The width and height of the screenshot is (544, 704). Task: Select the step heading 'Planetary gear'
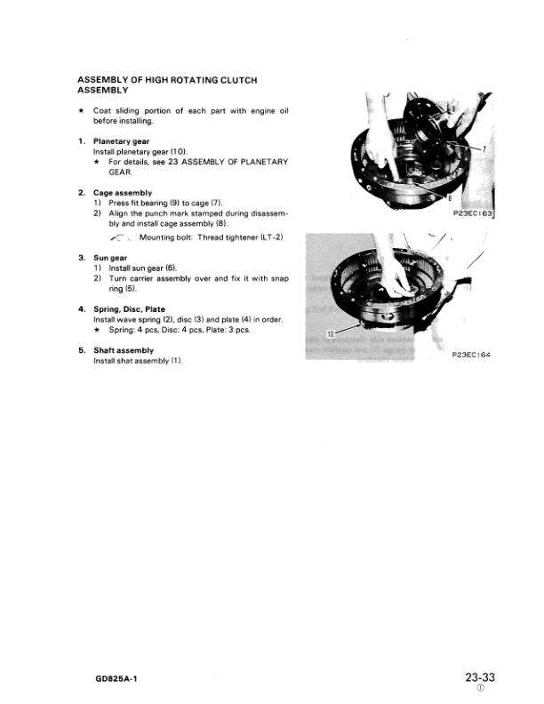123,141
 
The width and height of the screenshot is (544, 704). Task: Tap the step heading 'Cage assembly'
123,193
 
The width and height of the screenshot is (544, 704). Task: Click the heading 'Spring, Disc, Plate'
129,309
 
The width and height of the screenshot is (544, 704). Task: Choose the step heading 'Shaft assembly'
124,350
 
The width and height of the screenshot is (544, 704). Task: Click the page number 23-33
479,677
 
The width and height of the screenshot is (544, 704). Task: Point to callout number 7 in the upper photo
485,151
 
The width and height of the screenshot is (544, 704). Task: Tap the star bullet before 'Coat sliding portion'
81,110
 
